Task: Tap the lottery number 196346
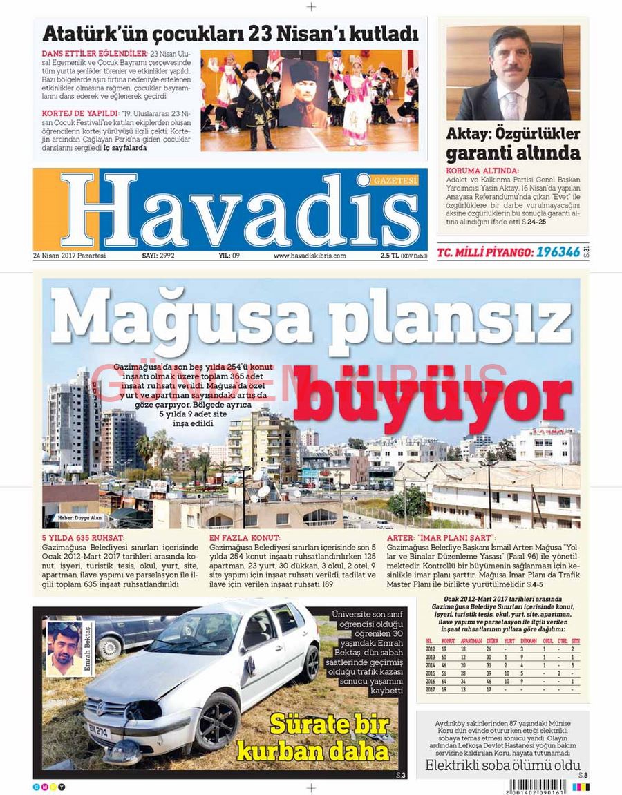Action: point(558,252)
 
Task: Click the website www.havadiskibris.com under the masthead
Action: point(310,256)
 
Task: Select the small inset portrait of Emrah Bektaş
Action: point(64,648)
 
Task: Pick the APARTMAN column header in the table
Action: point(471,641)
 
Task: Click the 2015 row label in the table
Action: point(431,673)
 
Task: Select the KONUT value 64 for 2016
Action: point(444,681)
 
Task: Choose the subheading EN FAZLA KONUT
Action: point(245,537)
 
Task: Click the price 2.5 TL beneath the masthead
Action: point(389,256)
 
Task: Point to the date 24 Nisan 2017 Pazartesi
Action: point(70,256)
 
